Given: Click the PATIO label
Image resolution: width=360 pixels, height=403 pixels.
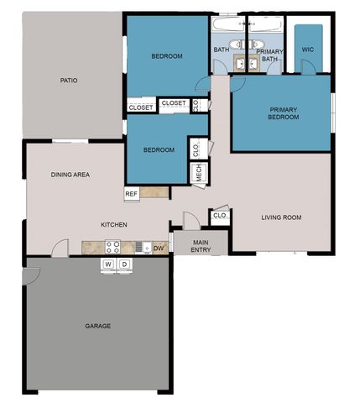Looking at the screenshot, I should point(69,81).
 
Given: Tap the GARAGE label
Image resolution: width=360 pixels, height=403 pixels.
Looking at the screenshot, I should point(97,325).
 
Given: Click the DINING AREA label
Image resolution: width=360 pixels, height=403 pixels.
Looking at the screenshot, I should point(70,175).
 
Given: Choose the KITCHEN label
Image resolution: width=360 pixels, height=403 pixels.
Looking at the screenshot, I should point(114,224).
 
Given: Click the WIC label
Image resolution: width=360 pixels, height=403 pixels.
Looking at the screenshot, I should point(308,50).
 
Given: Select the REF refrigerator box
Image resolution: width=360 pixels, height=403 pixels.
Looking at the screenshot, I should point(132,193).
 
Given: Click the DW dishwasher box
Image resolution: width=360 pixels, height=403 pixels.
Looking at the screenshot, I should point(158,248).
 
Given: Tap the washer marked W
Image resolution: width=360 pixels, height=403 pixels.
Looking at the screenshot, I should point(107,265).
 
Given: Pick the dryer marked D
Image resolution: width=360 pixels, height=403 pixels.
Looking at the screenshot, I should point(124,265).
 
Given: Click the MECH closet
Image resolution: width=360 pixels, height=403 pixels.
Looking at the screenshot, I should point(199,172).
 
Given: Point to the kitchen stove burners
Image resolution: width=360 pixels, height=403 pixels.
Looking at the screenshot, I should point(112,247).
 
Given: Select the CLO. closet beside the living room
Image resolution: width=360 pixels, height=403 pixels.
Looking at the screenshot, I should point(221,216).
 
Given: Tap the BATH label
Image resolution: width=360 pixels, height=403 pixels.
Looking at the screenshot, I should point(222,50).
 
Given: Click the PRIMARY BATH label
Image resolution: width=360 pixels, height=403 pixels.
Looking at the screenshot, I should point(270,55).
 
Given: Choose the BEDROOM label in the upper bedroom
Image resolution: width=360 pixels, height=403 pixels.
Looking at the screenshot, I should point(166,56).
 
